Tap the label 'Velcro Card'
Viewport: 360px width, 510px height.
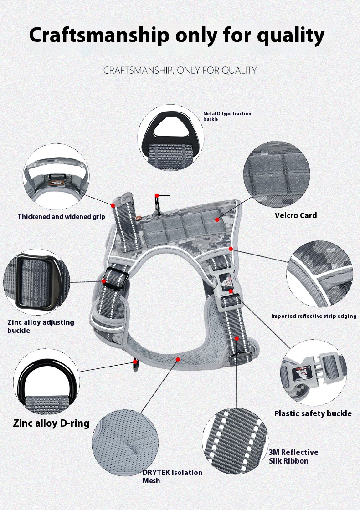[x=295, y=215]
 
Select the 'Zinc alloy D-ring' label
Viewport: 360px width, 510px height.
[x=51, y=423]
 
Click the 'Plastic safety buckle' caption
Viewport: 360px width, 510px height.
[x=313, y=413]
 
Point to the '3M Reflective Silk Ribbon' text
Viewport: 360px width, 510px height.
[x=293, y=456]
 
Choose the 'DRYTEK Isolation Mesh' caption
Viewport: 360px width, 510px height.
[x=172, y=476]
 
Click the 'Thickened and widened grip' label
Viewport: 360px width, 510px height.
[x=61, y=217]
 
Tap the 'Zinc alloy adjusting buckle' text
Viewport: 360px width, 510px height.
[x=41, y=326]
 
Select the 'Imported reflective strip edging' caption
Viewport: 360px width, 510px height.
[x=314, y=316]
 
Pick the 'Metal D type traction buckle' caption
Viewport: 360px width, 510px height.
[x=227, y=116]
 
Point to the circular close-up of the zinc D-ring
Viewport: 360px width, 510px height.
[x=46, y=381]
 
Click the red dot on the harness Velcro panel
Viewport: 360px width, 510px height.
[x=217, y=219]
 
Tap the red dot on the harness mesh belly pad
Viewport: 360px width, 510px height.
[x=178, y=359]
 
